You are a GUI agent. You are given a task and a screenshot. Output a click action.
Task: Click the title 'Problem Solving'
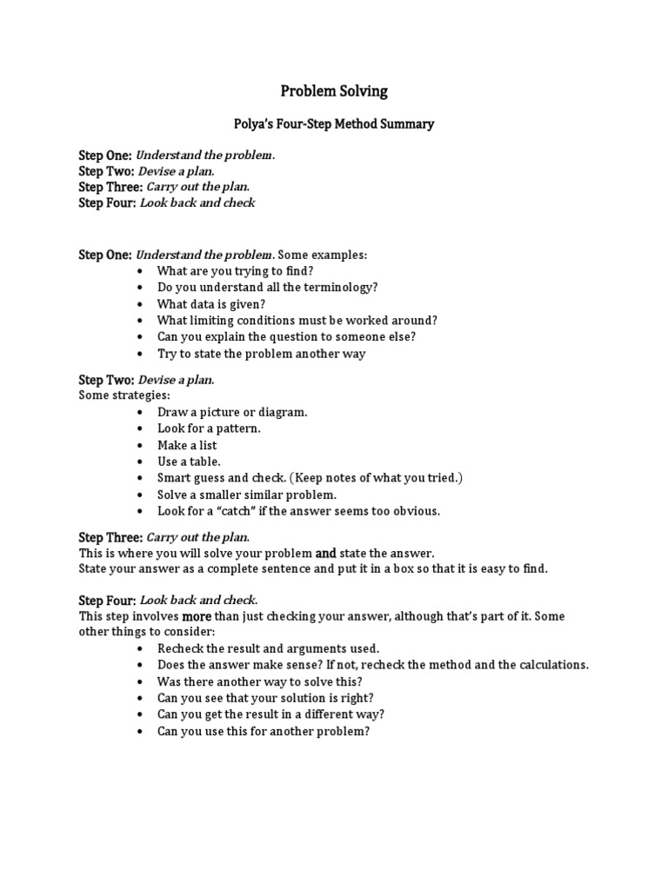[x=333, y=91]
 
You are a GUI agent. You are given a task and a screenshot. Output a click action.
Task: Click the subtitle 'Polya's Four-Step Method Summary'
[x=333, y=124]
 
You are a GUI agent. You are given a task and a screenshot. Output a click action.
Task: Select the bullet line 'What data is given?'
[x=210, y=303]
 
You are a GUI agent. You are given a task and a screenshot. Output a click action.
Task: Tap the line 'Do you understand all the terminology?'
[x=267, y=287]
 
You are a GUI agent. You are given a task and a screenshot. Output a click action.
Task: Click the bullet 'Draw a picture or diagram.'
[x=232, y=412]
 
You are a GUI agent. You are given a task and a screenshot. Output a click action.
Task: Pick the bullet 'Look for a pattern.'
[x=209, y=428]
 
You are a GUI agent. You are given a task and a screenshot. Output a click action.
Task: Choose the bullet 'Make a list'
[x=187, y=445]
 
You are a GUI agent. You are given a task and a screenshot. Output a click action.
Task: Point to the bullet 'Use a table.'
[x=189, y=462]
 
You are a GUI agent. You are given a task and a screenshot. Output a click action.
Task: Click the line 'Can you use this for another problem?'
[x=264, y=731]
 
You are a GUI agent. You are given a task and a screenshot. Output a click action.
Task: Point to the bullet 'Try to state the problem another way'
[x=261, y=354]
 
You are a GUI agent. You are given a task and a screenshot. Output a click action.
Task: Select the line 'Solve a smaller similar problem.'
[x=246, y=495]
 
